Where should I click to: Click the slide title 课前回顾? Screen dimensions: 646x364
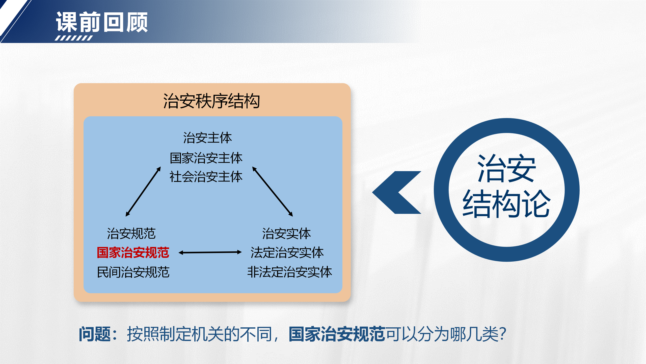[102, 22]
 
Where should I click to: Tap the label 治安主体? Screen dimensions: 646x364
[207, 138]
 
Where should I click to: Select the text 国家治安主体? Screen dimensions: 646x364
[206, 158]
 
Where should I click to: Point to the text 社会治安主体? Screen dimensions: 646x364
[206, 177]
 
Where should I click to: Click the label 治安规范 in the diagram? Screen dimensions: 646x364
[131, 233]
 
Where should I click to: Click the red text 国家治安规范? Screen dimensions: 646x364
[133, 253]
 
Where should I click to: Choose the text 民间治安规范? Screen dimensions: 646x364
[133, 272]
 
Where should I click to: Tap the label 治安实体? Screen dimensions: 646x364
[286, 233]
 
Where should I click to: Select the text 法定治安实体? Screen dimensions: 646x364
[287, 253]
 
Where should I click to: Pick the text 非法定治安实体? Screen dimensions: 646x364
[289, 272]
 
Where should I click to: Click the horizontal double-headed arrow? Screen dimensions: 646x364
[210, 252]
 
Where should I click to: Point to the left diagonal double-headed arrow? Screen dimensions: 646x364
[143, 192]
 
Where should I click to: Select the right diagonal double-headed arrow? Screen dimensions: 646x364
[273, 192]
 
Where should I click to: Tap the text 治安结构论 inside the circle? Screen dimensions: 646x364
[506, 186]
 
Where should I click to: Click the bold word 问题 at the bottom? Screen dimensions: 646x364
[95, 334]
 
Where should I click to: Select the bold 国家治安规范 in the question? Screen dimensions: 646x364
[337, 334]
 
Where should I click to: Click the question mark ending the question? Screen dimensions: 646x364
[503, 334]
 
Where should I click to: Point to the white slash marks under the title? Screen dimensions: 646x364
[74, 38]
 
